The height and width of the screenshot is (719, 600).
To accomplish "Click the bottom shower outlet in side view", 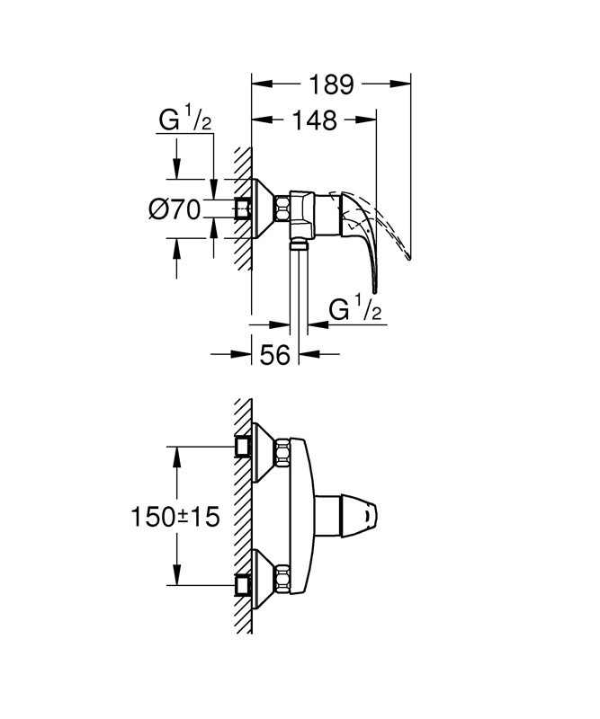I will coord(299,241).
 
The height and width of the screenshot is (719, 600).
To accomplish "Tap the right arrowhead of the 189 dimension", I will coord(404,84).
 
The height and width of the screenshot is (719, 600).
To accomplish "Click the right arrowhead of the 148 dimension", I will coord(369,120).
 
